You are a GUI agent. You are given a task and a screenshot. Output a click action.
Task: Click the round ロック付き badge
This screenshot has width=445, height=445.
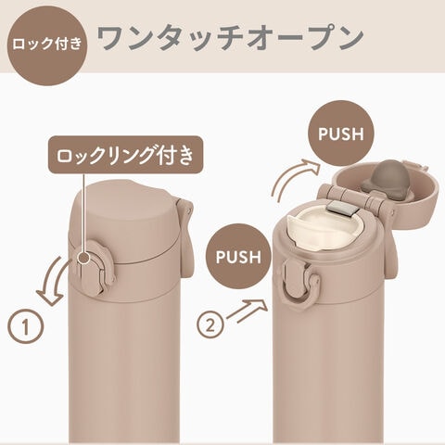[x=47, y=44]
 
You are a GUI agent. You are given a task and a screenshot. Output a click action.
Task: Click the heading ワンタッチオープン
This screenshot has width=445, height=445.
[x=230, y=38]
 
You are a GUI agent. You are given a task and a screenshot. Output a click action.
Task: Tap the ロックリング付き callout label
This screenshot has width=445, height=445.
[x=125, y=154]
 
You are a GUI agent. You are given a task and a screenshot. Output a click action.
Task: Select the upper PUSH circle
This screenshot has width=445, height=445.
[x=341, y=133]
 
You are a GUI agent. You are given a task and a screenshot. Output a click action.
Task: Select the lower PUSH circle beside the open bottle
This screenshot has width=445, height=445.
[x=238, y=257]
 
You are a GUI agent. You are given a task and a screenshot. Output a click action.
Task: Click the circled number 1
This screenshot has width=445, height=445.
[x=26, y=326]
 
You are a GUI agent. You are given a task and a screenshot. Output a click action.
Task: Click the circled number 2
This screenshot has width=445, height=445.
[x=210, y=325]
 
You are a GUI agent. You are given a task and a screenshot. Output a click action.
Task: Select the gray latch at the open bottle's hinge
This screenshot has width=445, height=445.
[x=340, y=207]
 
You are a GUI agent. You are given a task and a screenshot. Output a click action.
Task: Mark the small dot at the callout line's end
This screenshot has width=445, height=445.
[x=83, y=258]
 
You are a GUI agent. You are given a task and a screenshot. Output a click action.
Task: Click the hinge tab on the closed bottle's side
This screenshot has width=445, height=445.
[x=184, y=238]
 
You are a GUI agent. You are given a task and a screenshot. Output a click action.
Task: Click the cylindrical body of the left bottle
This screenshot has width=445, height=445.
[x=123, y=371]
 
